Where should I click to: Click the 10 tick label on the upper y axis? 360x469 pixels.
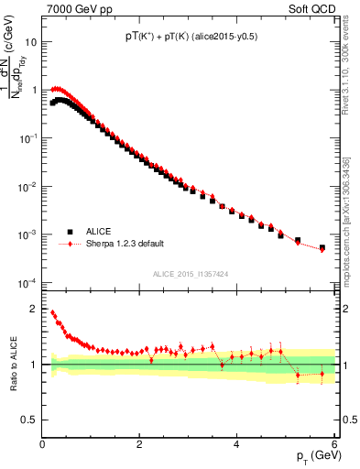(x=31, y=42)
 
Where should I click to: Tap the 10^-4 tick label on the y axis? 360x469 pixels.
(x=27, y=282)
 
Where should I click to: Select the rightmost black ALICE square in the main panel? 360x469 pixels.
(x=322, y=247)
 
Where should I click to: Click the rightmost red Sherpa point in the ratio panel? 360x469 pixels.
(x=322, y=374)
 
